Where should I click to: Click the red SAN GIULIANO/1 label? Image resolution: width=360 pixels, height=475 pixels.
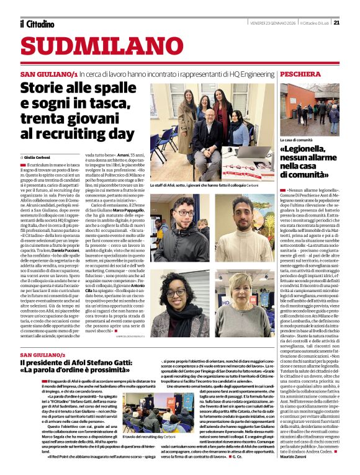pos(48,74)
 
